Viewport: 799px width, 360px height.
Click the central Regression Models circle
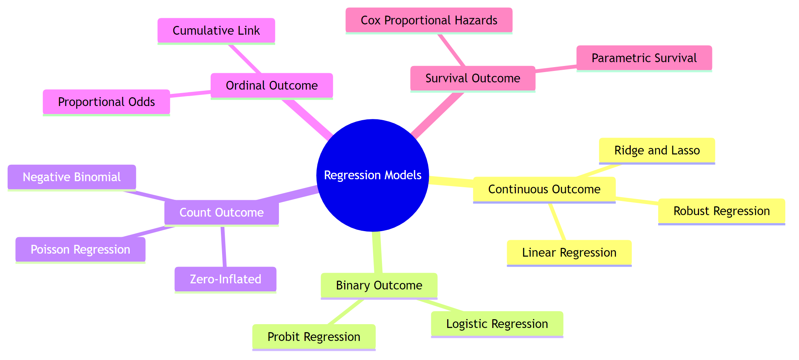pos(372,175)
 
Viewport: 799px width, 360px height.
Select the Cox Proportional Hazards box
pos(428,20)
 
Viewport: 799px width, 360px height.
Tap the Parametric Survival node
pos(644,58)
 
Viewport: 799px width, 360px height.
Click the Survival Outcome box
pos(472,78)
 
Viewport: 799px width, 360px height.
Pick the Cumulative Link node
pos(216,31)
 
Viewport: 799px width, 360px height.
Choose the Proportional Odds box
pos(106,102)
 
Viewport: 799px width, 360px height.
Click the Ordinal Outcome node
pos(271,85)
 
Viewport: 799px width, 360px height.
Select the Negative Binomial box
pos(71,177)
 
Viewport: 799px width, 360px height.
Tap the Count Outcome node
pos(221,212)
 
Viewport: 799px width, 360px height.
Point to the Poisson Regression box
pos(80,249)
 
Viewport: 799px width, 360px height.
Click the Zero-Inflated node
pos(225,279)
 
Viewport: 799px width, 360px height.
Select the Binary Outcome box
pos(379,285)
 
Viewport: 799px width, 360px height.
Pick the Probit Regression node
pos(314,337)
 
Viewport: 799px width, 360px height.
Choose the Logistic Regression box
pos(497,324)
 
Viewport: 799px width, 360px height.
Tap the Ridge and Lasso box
pos(657,150)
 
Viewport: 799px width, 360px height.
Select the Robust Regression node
pos(721,211)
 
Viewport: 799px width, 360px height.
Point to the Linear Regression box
pos(569,252)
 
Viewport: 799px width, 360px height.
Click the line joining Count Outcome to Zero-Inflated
pos(224,246)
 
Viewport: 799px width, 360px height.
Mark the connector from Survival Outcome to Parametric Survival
pos(556,69)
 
